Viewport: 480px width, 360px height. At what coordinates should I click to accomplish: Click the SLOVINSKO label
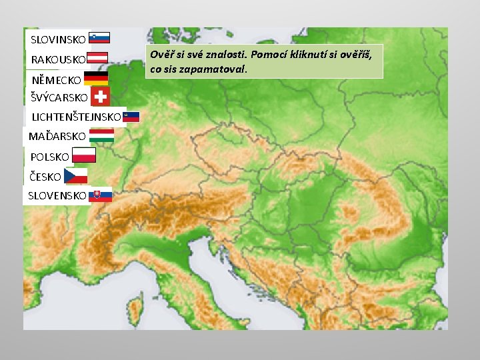(x=58, y=39)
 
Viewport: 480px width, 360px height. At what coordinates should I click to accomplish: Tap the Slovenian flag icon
(x=99, y=38)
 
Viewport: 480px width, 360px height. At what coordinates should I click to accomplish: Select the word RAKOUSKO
(x=58, y=60)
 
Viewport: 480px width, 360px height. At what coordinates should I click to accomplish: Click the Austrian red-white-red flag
(x=98, y=58)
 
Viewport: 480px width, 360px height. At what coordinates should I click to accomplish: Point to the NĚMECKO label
(x=57, y=80)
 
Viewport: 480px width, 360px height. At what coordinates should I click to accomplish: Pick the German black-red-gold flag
(x=96, y=79)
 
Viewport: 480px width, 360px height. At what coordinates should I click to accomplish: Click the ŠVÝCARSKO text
(x=59, y=97)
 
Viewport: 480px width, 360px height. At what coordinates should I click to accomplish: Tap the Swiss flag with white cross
(x=101, y=97)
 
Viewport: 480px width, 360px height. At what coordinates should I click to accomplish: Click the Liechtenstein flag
(x=132, y=117)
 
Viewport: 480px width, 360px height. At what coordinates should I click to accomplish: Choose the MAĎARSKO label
(x=57, y=136)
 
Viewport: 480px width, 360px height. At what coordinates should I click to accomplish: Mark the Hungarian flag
(x=101, y=136)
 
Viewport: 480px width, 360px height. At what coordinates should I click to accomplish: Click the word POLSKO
(x=50, y=157)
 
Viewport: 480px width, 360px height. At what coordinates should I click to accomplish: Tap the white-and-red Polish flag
(x=84, y=155)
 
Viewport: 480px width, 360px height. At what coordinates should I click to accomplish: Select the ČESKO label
(x=45, y=177)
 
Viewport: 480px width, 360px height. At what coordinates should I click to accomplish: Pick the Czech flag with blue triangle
(x=76, y=176)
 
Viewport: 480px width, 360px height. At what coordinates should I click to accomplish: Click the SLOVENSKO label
(x=57, y=196)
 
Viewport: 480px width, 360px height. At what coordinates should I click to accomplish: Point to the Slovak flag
(x=101, y=195)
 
